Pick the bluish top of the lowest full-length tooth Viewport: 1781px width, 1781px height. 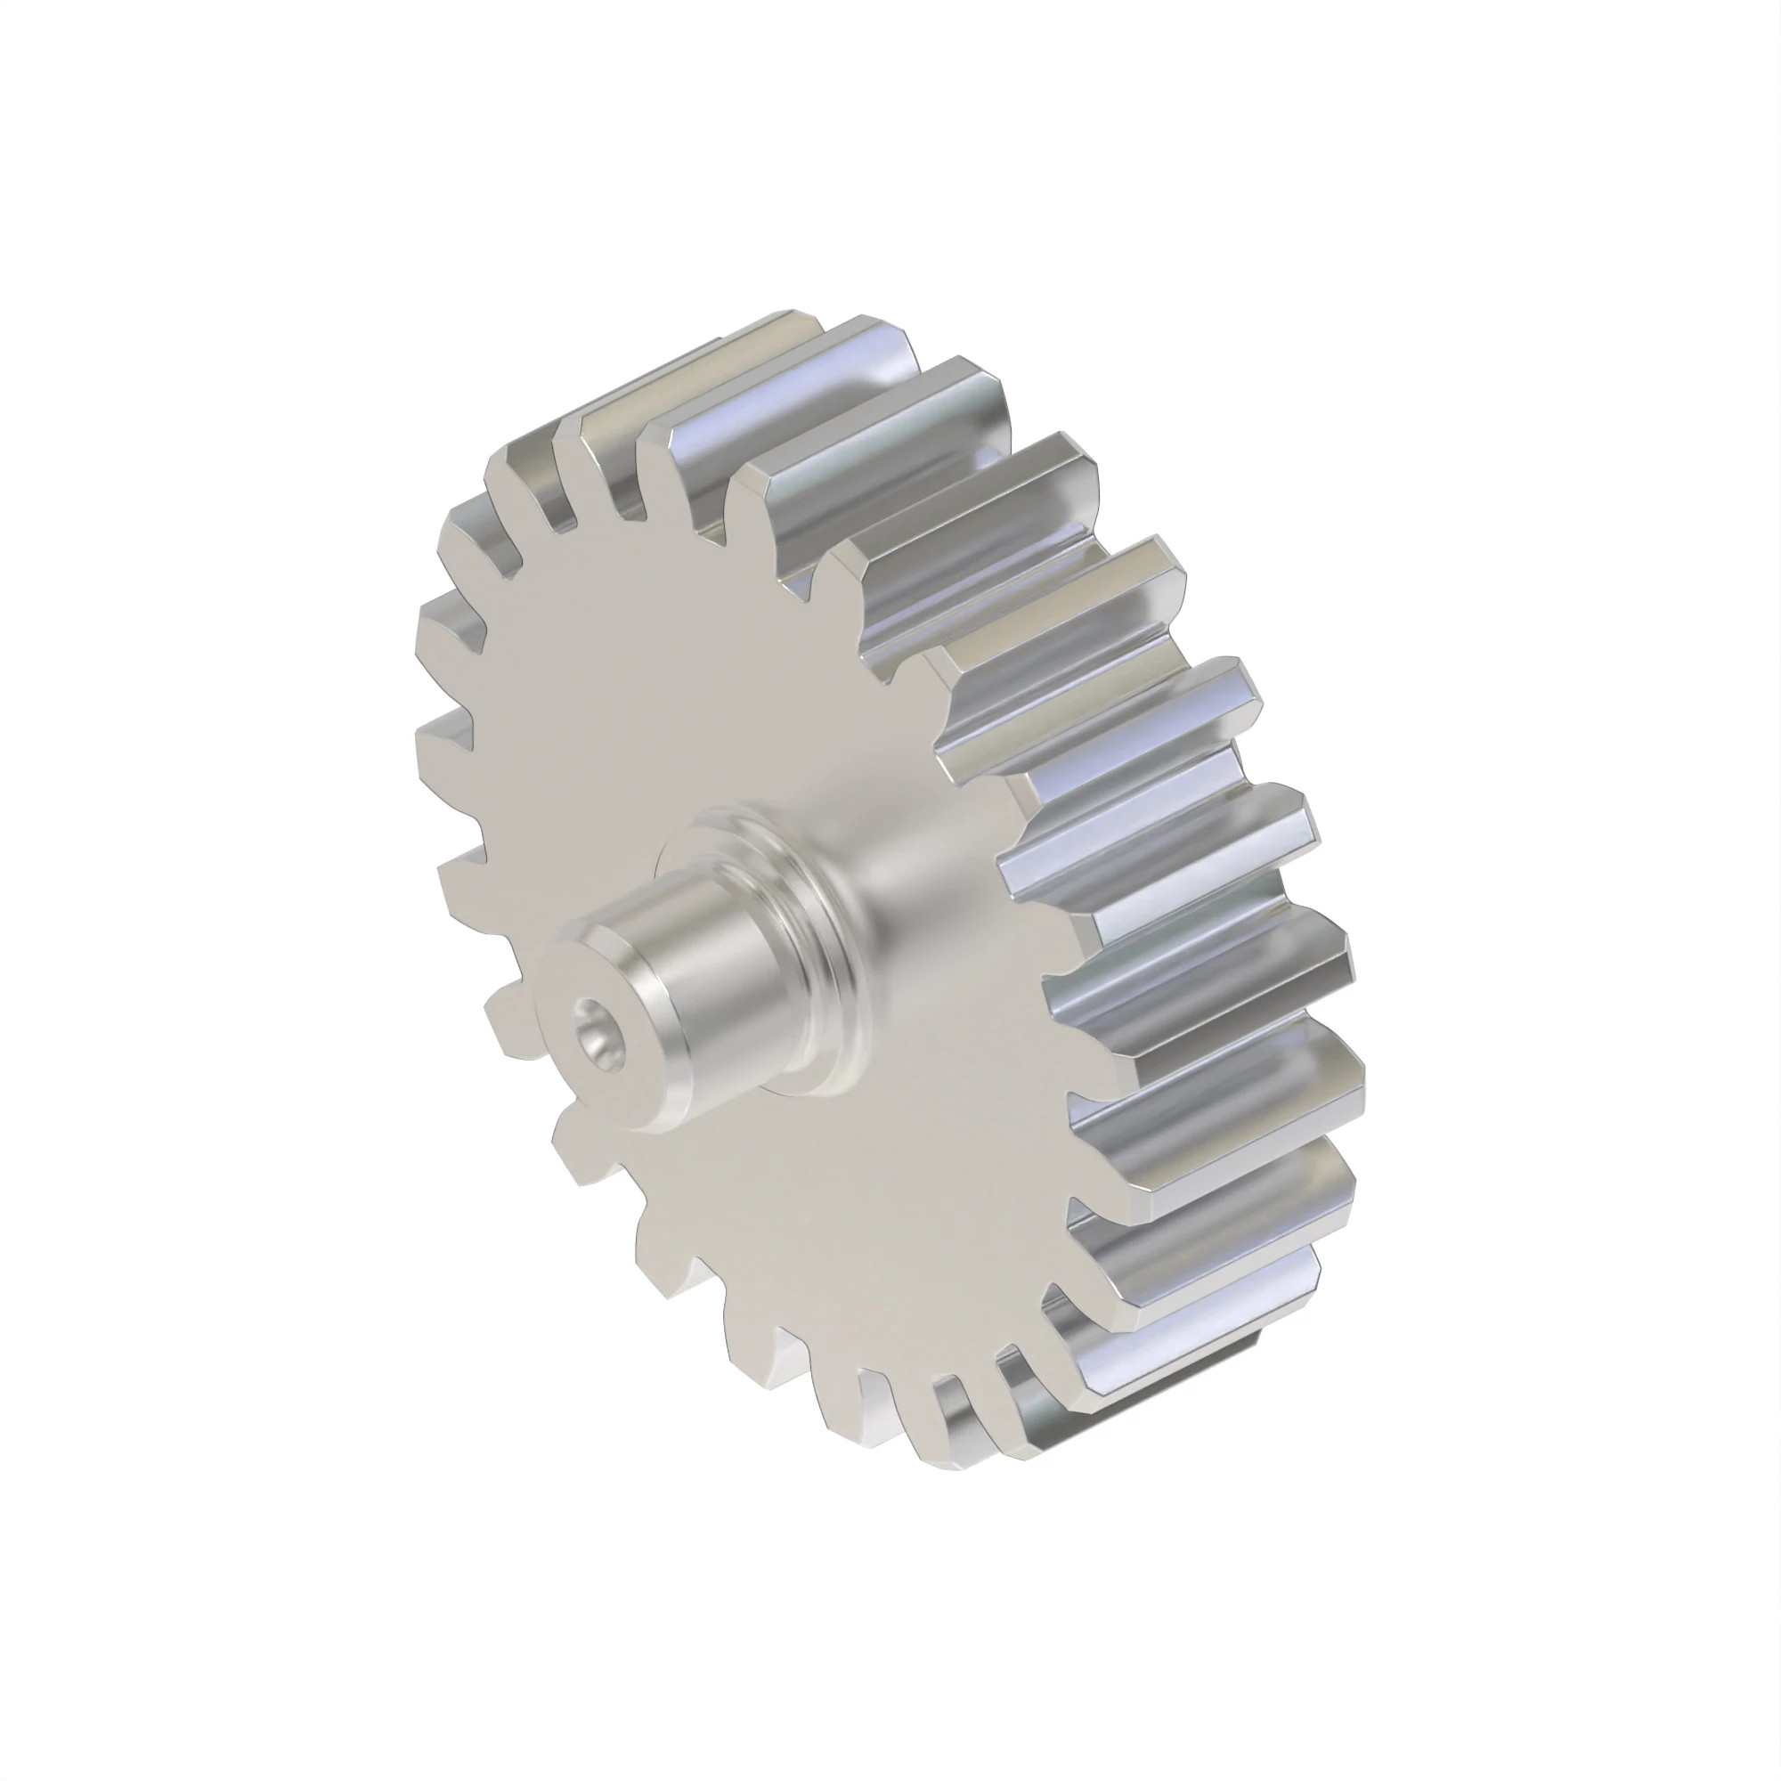[x=1226, y=1309]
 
